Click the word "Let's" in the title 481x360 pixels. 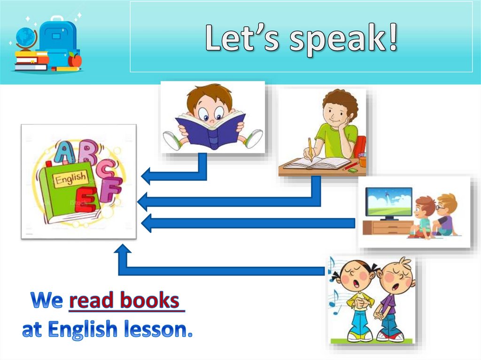coord(243,39)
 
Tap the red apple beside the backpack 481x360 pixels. coord(75,60)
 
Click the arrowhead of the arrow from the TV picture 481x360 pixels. coord(147,223)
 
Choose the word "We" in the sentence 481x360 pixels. coord(47,301)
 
